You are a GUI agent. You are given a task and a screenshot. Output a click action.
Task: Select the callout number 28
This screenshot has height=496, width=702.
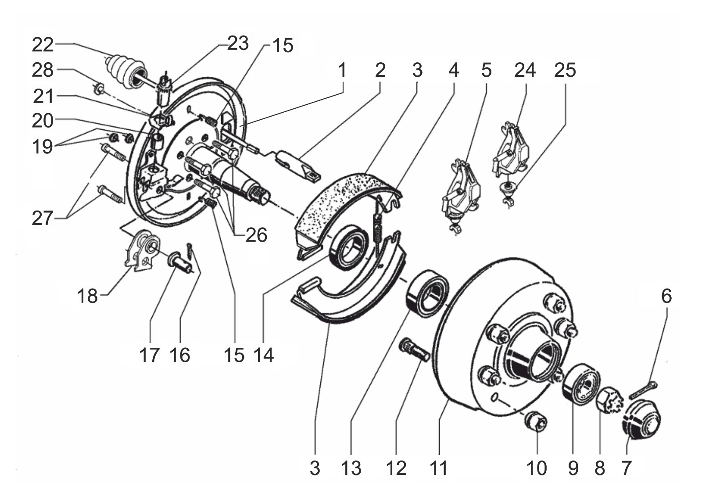tap(43, 71)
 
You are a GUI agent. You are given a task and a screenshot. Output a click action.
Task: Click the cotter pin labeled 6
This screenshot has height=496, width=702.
tap(643, 390)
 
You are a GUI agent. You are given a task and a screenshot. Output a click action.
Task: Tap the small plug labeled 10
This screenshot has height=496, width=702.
tap(536, 422)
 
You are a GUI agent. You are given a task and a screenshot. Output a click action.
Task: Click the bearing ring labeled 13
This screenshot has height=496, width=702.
tap(427, 293)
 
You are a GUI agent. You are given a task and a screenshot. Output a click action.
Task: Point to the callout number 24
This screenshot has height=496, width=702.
tap(525, 71)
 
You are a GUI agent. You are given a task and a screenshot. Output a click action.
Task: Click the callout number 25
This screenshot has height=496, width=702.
tap(565, 71)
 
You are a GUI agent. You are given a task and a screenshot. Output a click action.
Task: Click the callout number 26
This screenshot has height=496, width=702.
tap(256, 235)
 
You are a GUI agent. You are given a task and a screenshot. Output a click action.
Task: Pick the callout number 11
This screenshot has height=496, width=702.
tap(439, 468)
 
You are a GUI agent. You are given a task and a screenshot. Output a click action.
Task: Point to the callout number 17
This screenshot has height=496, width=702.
tap(149, 355)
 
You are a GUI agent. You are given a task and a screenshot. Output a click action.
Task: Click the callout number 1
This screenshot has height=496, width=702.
tap(342, 71)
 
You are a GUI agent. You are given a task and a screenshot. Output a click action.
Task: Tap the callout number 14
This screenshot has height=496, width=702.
tap(264, 355)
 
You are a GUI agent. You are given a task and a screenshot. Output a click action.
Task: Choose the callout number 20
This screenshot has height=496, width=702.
tap(43, 121)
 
